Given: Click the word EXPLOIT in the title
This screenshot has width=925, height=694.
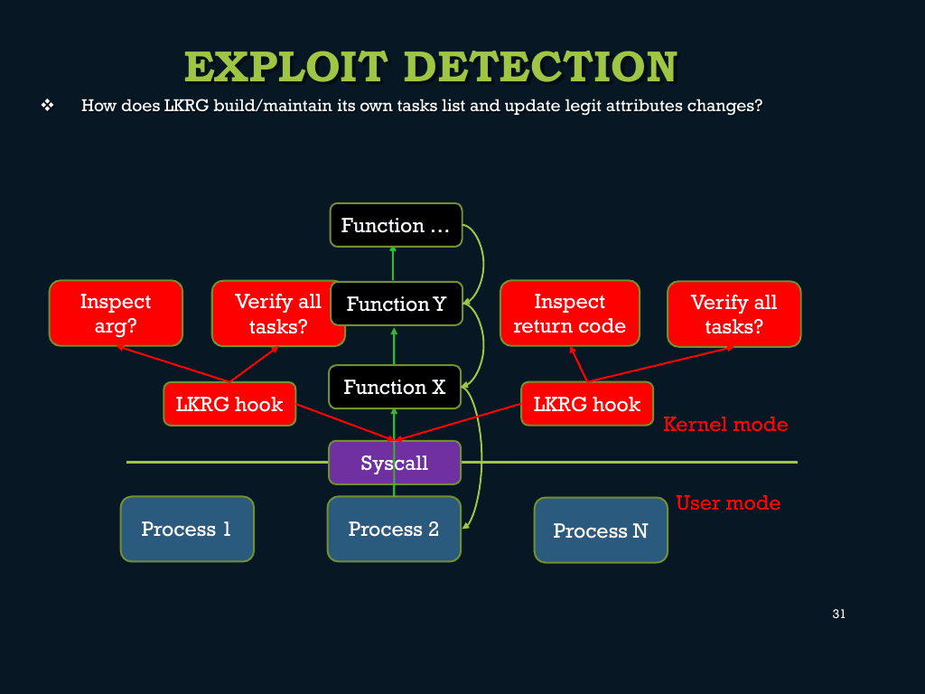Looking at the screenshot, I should click(x=286, y=67).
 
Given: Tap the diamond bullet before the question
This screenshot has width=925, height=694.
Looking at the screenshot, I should click(x=47, y=106).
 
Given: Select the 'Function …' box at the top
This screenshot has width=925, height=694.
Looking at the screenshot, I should click(x=396, y=225).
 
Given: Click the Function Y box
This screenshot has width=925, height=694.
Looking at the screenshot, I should click(x=396, y=304).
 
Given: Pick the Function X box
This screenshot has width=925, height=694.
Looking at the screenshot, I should click(x=395, y=387).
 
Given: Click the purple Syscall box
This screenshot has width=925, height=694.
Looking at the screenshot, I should click(x=395, y=463).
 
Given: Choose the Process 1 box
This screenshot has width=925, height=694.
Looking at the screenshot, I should click(x=187, y=529).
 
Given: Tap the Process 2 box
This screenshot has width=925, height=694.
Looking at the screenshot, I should click(x=394, y=529).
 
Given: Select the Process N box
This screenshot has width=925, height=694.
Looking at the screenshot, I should click(x=601, y=530).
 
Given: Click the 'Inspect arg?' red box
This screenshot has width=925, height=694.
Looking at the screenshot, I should click(x=116, y=313).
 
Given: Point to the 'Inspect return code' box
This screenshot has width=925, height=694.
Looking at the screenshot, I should click(x=569, y=313).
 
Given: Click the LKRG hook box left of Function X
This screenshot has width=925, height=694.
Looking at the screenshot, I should click(x=229, y=404).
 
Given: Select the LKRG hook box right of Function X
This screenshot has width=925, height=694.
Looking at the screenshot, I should click(x=587, y=404).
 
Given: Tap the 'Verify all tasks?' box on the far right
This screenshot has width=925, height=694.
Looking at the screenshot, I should click(x=733, y=314).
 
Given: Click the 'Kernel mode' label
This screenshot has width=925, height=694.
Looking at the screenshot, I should click(x=725, y=424).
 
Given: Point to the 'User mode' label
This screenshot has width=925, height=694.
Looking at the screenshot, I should click(x=728, y=502).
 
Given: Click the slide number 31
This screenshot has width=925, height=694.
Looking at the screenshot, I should click(x=838, y=614).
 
